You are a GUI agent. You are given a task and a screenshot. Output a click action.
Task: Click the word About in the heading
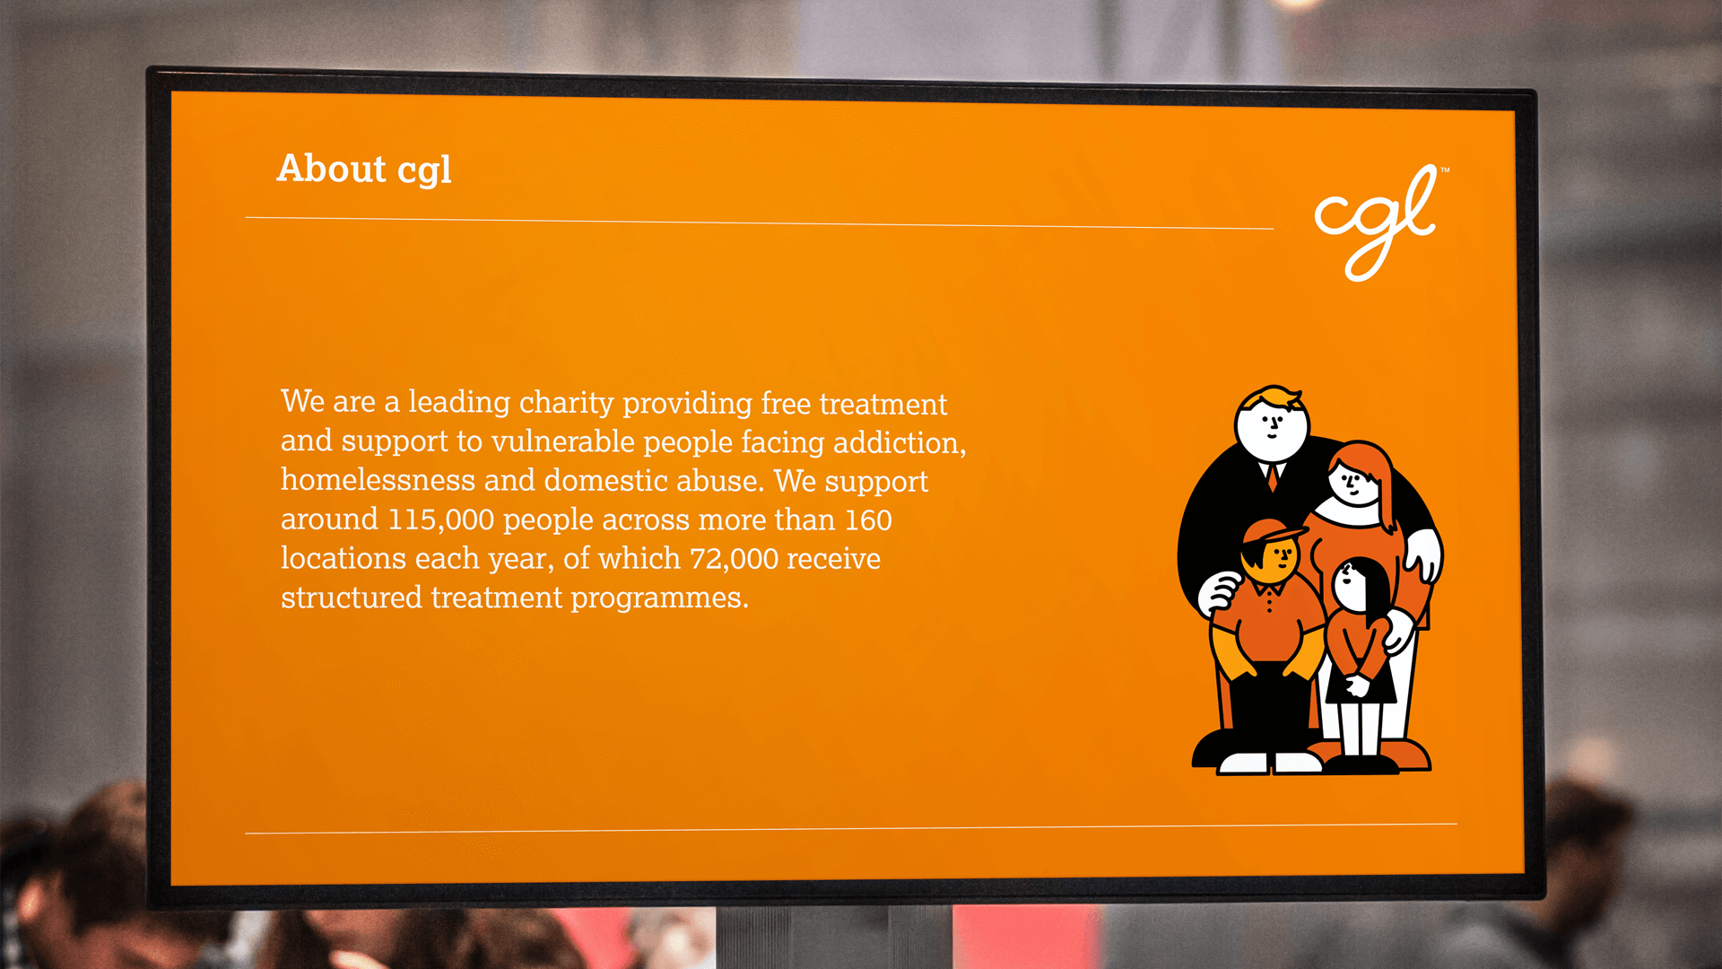pos(331,168)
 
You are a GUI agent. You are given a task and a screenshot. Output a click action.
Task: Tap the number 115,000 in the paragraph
pos(440,519)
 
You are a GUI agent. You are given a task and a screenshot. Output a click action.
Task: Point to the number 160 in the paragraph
pos(868,520)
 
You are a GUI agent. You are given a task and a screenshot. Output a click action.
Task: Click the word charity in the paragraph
pos(566,403)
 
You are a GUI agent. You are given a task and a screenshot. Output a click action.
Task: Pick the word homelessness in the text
pos(378,480)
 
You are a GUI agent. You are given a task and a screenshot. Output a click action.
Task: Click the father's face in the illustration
pos(1272,424)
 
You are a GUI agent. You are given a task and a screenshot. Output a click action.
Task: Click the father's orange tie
pos(1273,476)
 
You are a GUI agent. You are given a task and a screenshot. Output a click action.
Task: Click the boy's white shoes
pos(1269,764)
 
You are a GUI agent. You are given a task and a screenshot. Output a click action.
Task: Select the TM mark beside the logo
pos(1445,170)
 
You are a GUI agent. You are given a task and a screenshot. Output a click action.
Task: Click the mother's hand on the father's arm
pos(1425,553)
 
